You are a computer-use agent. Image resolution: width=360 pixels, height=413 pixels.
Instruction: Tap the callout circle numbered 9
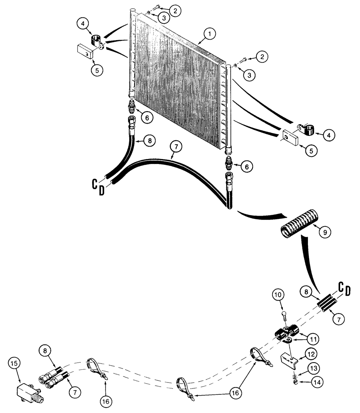(x=324, y=233)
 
